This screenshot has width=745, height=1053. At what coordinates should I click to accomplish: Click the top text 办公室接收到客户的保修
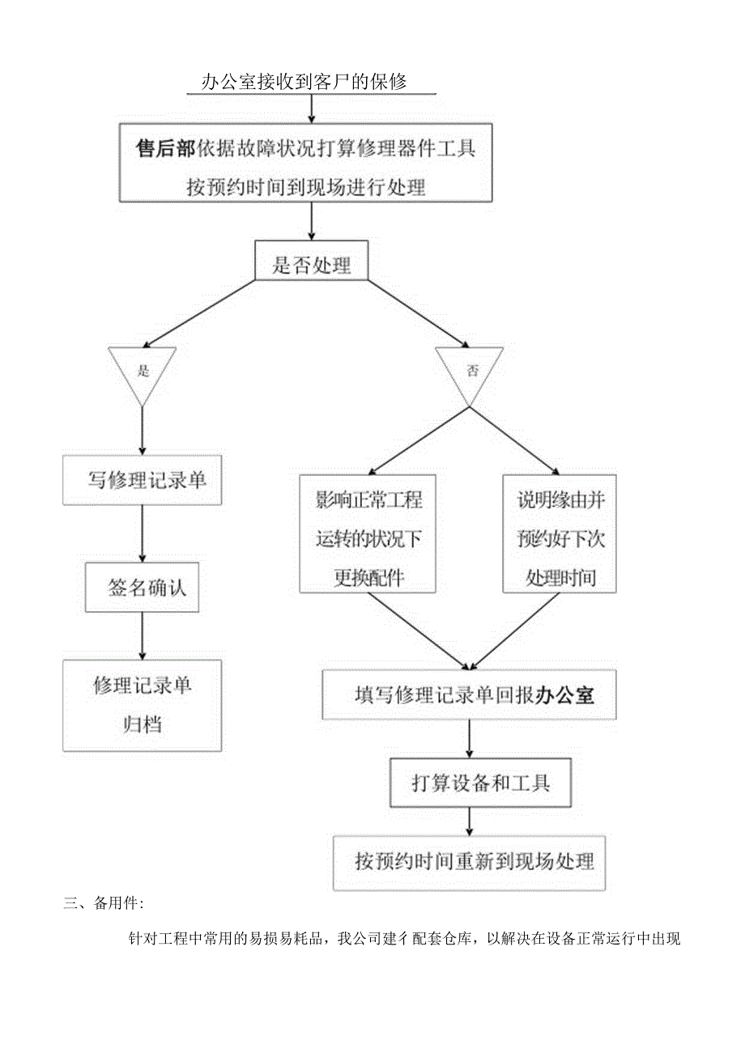click(x=304, y=82)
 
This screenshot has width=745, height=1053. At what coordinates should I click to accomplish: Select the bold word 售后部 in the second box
click(x=166, y=149)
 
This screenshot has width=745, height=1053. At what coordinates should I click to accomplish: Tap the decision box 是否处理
click(x=311, y=265)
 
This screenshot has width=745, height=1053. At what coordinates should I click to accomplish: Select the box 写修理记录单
click(x=143, y=481)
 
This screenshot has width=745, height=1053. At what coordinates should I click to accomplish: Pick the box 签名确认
click(x=143, y=587)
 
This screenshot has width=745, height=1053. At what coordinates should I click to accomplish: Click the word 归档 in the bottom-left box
click(x=143, y=724)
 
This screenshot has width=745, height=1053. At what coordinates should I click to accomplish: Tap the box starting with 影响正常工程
click(x=368, y=533)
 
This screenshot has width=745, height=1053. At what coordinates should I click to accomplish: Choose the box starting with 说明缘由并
click(x=560, y=533)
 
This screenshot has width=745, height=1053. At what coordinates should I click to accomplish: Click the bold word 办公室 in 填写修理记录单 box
click(x=565, y=694)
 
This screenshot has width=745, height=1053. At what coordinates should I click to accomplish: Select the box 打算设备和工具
click(x=470, y=783)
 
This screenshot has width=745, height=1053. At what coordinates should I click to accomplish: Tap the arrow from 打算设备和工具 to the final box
click(x=470, y=821)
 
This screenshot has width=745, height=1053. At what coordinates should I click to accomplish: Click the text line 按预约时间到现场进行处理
click(x=305, y=188)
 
